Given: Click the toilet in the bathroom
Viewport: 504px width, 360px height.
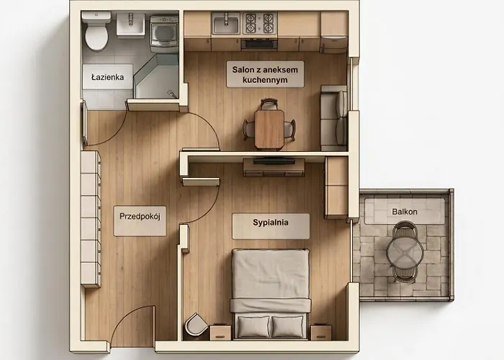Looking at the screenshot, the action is [96, 32].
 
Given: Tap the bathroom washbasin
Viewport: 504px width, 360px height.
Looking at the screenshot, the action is [130, 24].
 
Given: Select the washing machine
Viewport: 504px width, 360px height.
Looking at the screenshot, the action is [164, 33].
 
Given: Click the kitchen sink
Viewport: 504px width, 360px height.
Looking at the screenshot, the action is [226, 24].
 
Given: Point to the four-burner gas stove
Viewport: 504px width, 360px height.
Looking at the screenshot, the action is [259, 23].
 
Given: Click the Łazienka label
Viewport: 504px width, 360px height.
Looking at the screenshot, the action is [108, 77].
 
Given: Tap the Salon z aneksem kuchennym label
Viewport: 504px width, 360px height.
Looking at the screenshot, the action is [265, 75].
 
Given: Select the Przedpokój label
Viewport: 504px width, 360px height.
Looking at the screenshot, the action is [140, 216].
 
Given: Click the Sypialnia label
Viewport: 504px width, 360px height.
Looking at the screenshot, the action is [271, 222].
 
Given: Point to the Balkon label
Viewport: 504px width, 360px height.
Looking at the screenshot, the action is [405, 212].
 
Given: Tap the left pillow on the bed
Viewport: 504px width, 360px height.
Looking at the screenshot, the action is [253, 327].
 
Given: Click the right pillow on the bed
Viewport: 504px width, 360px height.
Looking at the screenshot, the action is [287, 327].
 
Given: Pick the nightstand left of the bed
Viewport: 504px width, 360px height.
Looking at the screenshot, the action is [220, 332].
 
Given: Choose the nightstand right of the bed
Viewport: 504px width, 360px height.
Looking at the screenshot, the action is [321, 332].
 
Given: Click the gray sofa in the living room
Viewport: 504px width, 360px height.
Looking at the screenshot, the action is [334, 118].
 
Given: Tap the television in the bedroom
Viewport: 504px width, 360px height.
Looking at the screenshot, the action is [274, 161].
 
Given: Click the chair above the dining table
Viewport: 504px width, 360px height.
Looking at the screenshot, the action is [269, 104].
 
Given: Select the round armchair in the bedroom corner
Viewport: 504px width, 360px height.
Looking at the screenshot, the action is [196, 324].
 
